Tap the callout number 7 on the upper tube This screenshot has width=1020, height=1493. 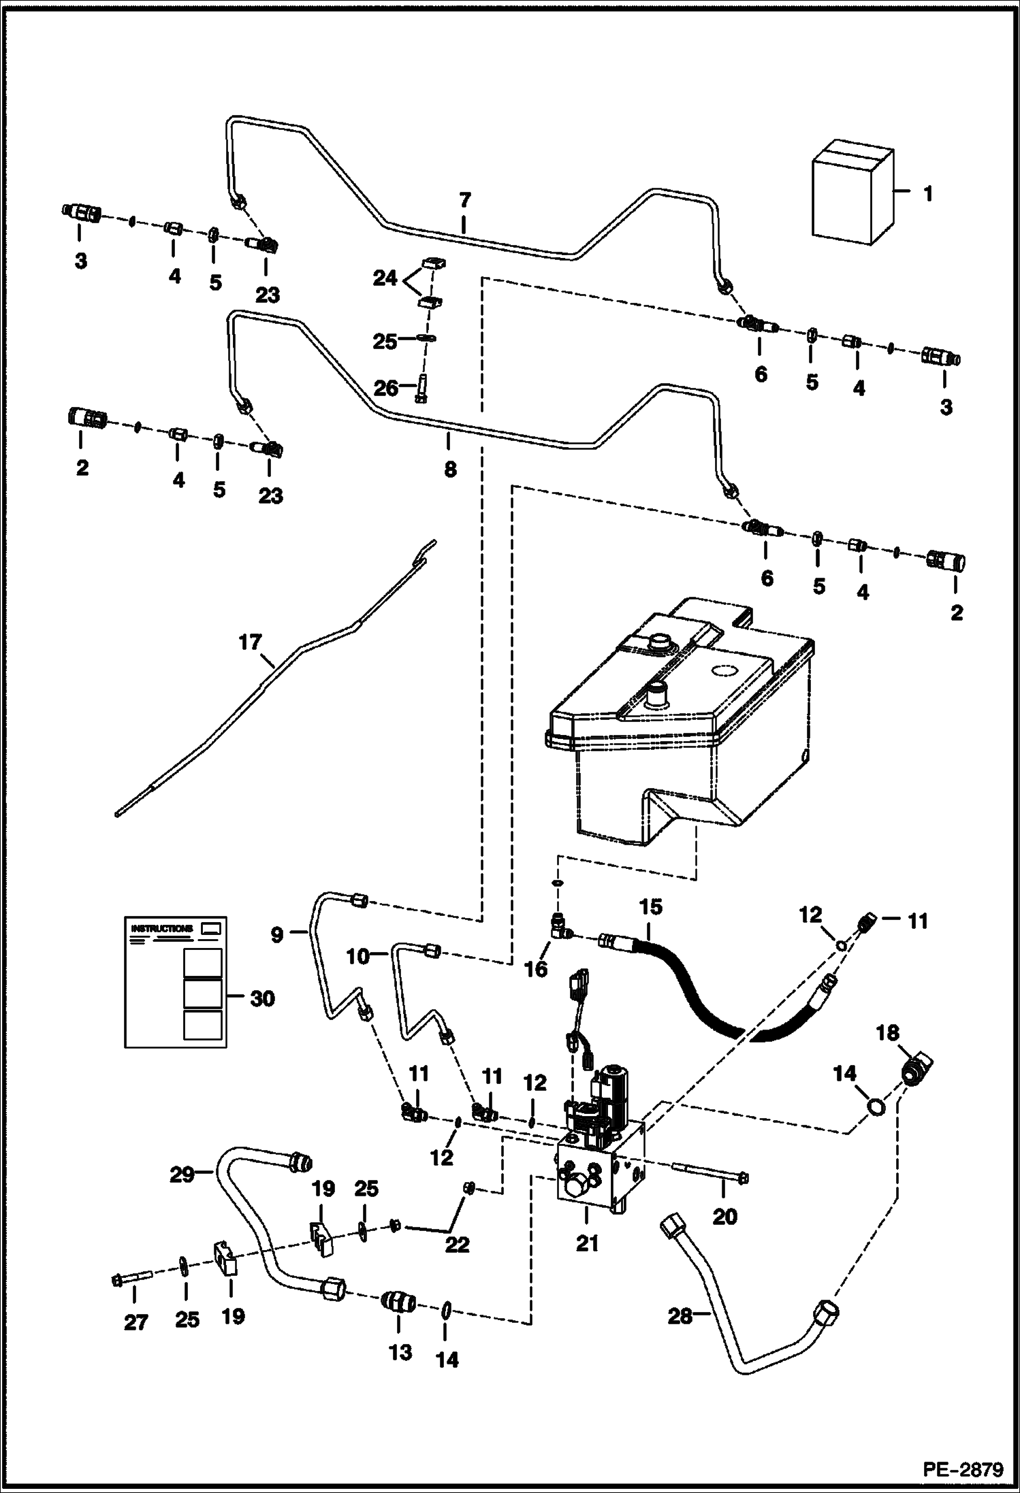click(x=464, y=200)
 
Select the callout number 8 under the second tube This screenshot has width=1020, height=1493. click(x=450, y=470)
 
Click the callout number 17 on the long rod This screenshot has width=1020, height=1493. click(x=250, y=642)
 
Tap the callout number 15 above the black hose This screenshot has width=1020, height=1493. click(x=650, y=907)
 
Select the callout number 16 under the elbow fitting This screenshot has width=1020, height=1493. click(x=536, y=969)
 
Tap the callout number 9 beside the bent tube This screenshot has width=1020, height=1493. click(x=276, y=935)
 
